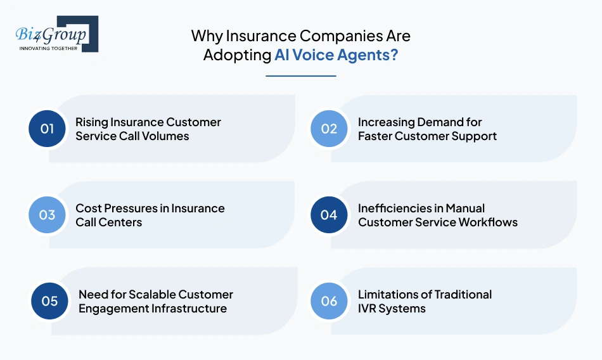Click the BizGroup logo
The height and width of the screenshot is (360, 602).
56,33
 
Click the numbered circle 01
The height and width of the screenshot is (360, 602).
48,129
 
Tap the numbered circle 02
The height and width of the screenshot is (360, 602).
329,129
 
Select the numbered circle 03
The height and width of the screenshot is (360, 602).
48,215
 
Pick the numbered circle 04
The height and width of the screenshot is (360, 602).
329,215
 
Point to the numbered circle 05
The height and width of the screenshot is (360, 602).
50,301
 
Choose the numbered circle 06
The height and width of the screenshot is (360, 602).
329,301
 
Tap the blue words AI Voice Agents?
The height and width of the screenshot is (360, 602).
336,55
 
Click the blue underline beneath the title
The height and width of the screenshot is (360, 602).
300,76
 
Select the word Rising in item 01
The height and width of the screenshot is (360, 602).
91,122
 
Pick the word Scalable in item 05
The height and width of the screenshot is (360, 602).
152,294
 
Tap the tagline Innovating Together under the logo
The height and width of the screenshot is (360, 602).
49,48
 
